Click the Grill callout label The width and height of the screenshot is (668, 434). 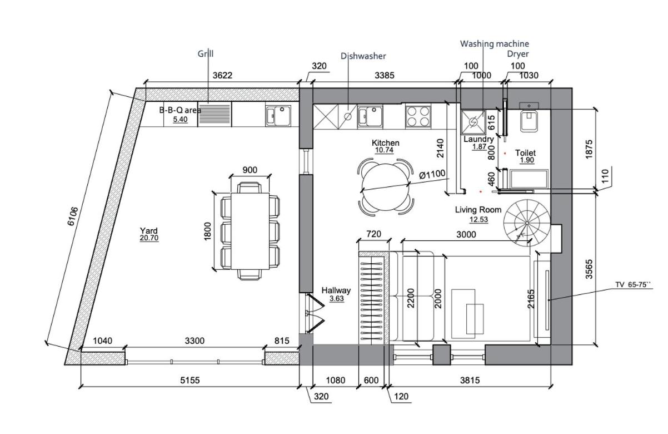206,54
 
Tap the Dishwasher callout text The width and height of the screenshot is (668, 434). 363,56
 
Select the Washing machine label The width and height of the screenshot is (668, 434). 495,44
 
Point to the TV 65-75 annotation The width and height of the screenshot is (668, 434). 632,284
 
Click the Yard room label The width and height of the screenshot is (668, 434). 149,230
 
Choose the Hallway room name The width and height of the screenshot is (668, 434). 336,290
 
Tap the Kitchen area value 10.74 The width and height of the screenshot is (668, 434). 384,150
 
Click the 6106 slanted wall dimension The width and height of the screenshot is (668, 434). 73,216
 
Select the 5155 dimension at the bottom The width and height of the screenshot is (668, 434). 190,380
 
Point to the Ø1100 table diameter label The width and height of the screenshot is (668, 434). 432,174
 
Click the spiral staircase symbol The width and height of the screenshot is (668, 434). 527,223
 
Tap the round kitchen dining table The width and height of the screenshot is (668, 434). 385,188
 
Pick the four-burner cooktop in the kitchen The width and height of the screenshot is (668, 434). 418,116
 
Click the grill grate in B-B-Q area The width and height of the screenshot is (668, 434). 215,114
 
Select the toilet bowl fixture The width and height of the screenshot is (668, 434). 529,121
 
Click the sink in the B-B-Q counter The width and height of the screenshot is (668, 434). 278,116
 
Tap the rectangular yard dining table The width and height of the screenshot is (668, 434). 250,231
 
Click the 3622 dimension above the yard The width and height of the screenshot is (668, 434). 222,75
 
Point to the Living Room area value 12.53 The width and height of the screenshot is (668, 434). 478,220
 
